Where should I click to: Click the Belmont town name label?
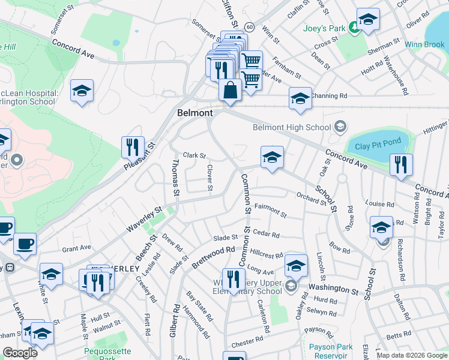195,113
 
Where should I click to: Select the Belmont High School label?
292,127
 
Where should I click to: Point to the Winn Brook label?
424,44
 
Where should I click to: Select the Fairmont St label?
271,211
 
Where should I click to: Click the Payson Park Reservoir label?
331,351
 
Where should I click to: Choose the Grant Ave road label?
76,247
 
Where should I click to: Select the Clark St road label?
194,155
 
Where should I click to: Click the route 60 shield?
250,27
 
